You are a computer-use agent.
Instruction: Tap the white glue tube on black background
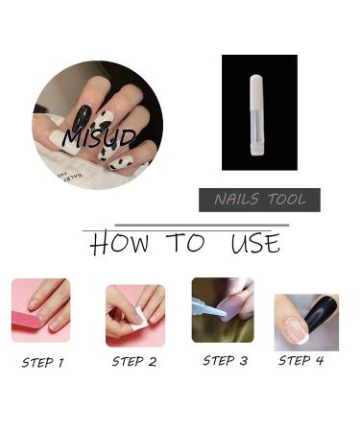point(257,114)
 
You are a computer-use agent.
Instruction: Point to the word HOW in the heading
point(119,244)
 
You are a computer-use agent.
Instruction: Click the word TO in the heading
point(184,244)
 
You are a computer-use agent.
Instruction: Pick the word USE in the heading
point(254,244)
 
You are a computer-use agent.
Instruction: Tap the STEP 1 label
point(42,363)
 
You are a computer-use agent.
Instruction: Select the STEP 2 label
point(133,362)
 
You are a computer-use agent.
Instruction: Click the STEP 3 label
point(225,361)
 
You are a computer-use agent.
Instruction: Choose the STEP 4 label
point(300,361)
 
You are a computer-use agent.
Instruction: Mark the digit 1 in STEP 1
point(60,363)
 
